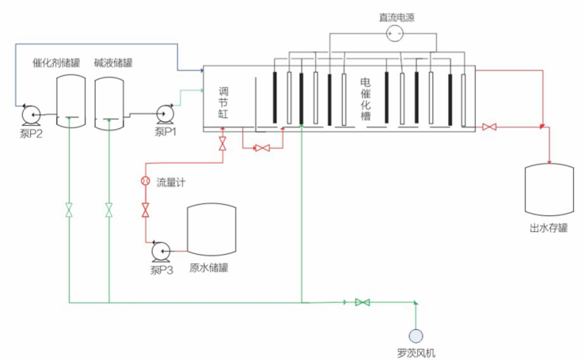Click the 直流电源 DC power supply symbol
pos(393,32)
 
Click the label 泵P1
pos(165,131)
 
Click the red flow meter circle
pos(145,181)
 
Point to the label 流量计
pos(171,183)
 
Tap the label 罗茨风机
pos(416,353)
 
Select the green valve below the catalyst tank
pos(70,211)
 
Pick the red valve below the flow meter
pos(145,210)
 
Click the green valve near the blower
pos(363,302)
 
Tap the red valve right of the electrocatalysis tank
pos(489,127)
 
